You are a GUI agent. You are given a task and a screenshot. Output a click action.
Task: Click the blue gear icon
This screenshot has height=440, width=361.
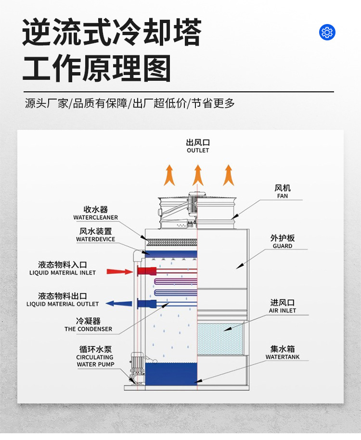click(327, 33)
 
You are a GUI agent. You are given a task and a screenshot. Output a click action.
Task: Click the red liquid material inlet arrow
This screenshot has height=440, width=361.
click(119, 271)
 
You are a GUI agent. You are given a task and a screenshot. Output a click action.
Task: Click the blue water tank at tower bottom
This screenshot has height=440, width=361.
click(171, 374)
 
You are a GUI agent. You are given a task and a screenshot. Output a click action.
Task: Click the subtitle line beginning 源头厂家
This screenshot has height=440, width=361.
click(130, 103)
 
